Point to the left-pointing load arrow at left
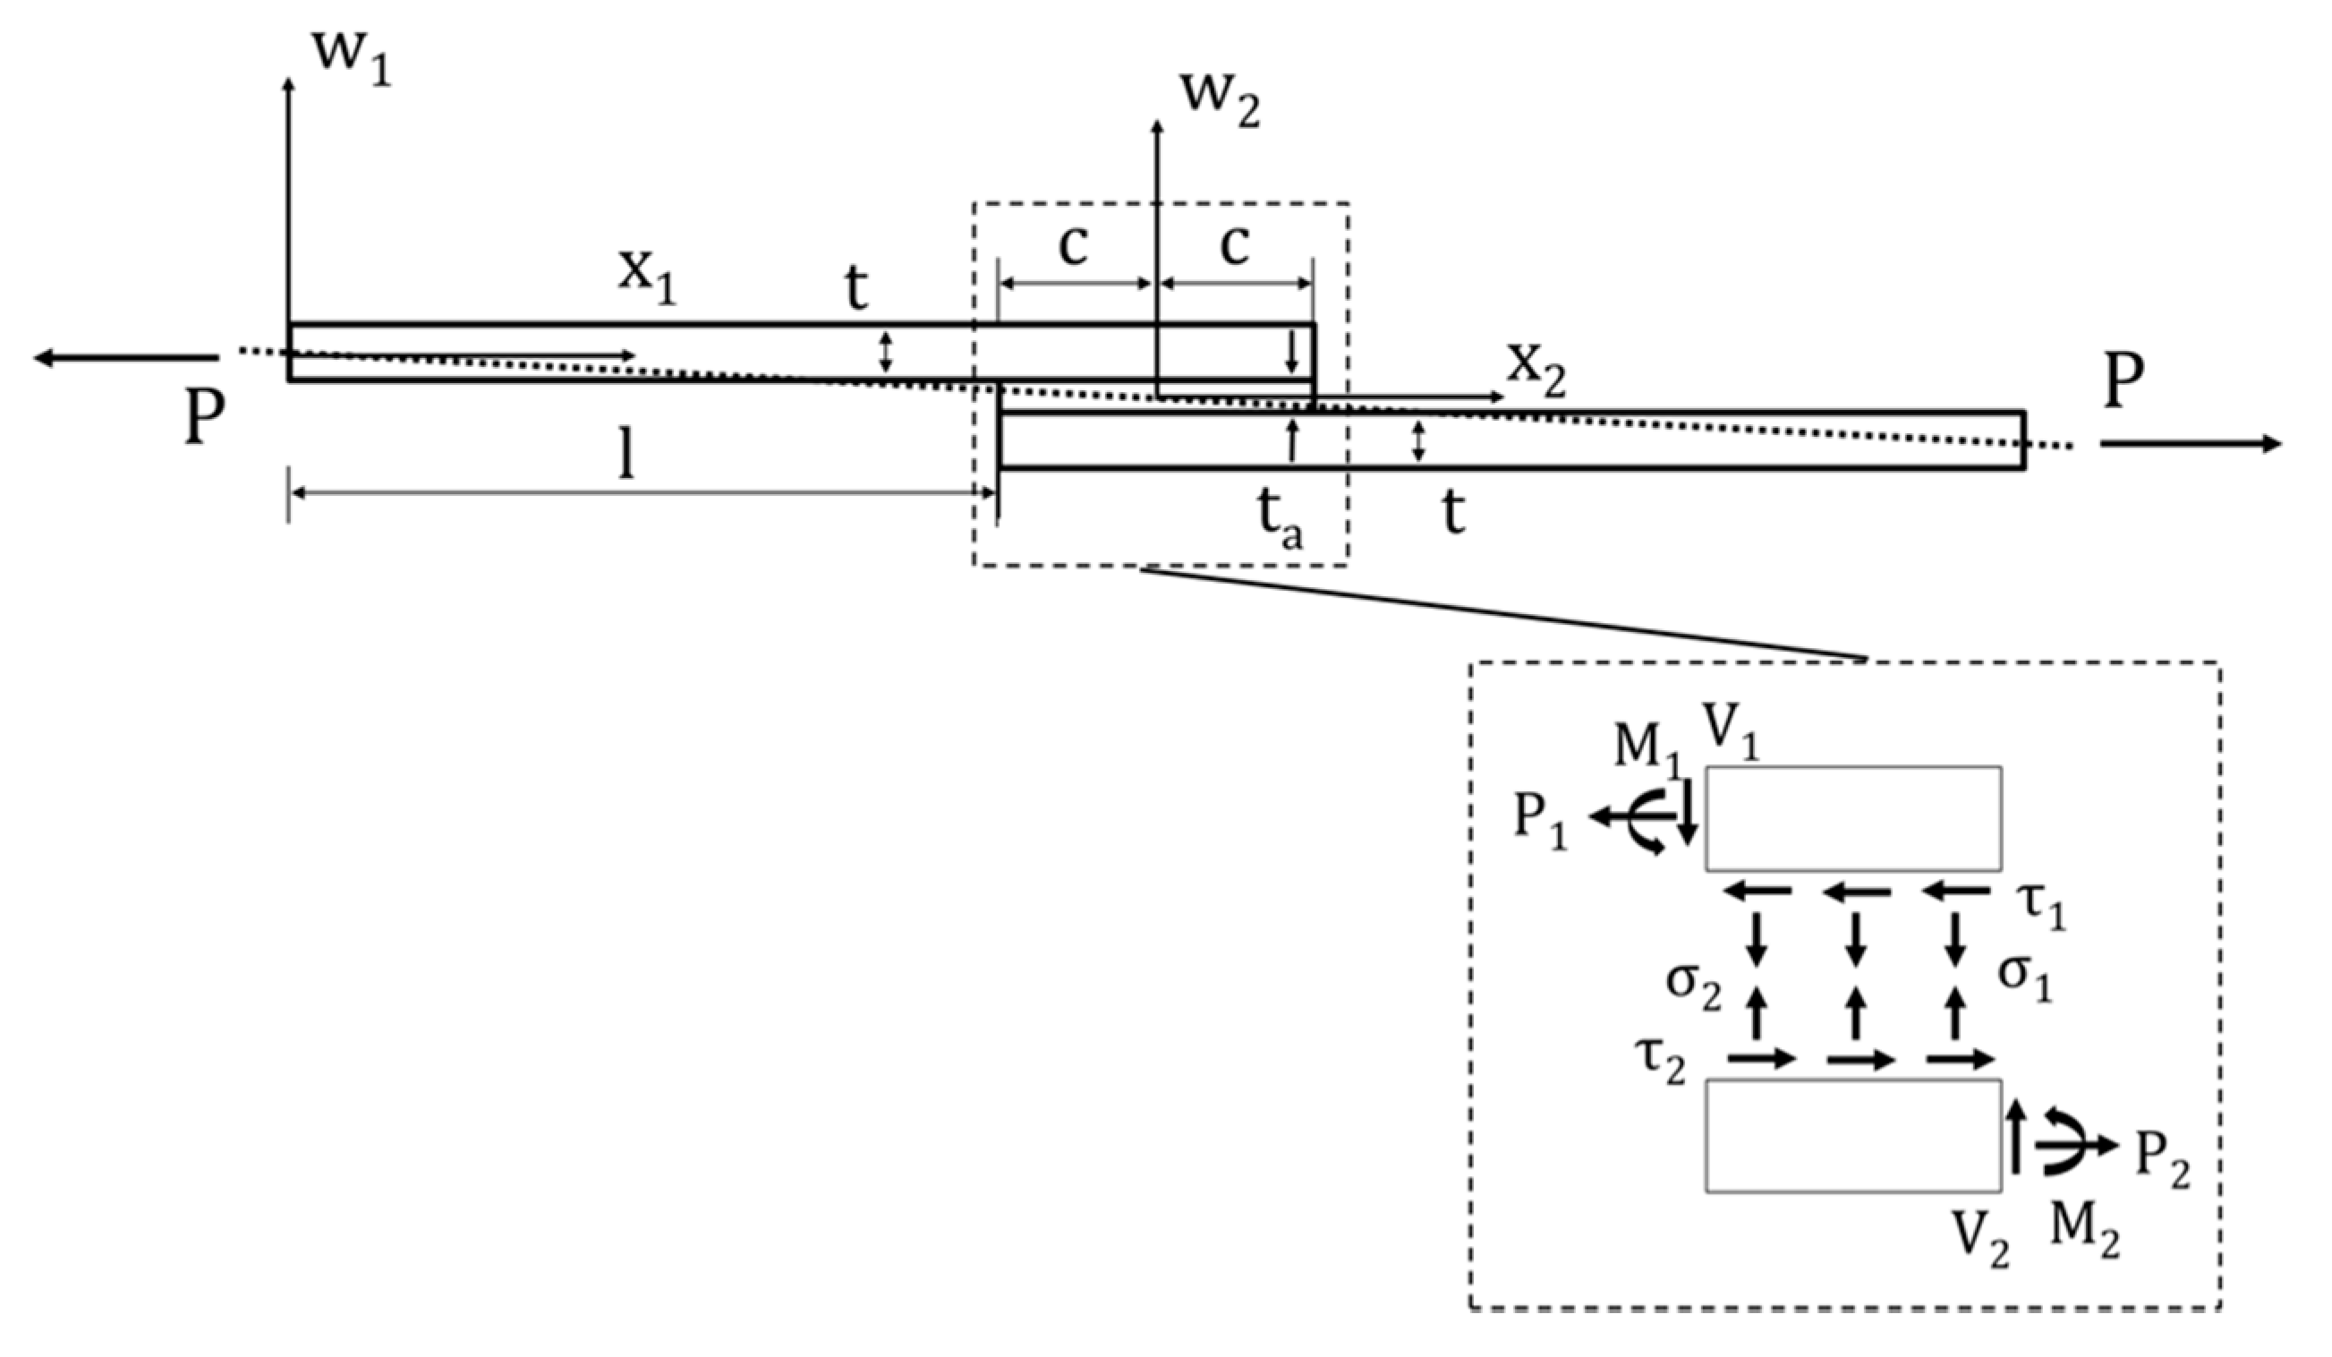click(x=125, y=357)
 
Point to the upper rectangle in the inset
click(x=1853, y=818)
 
